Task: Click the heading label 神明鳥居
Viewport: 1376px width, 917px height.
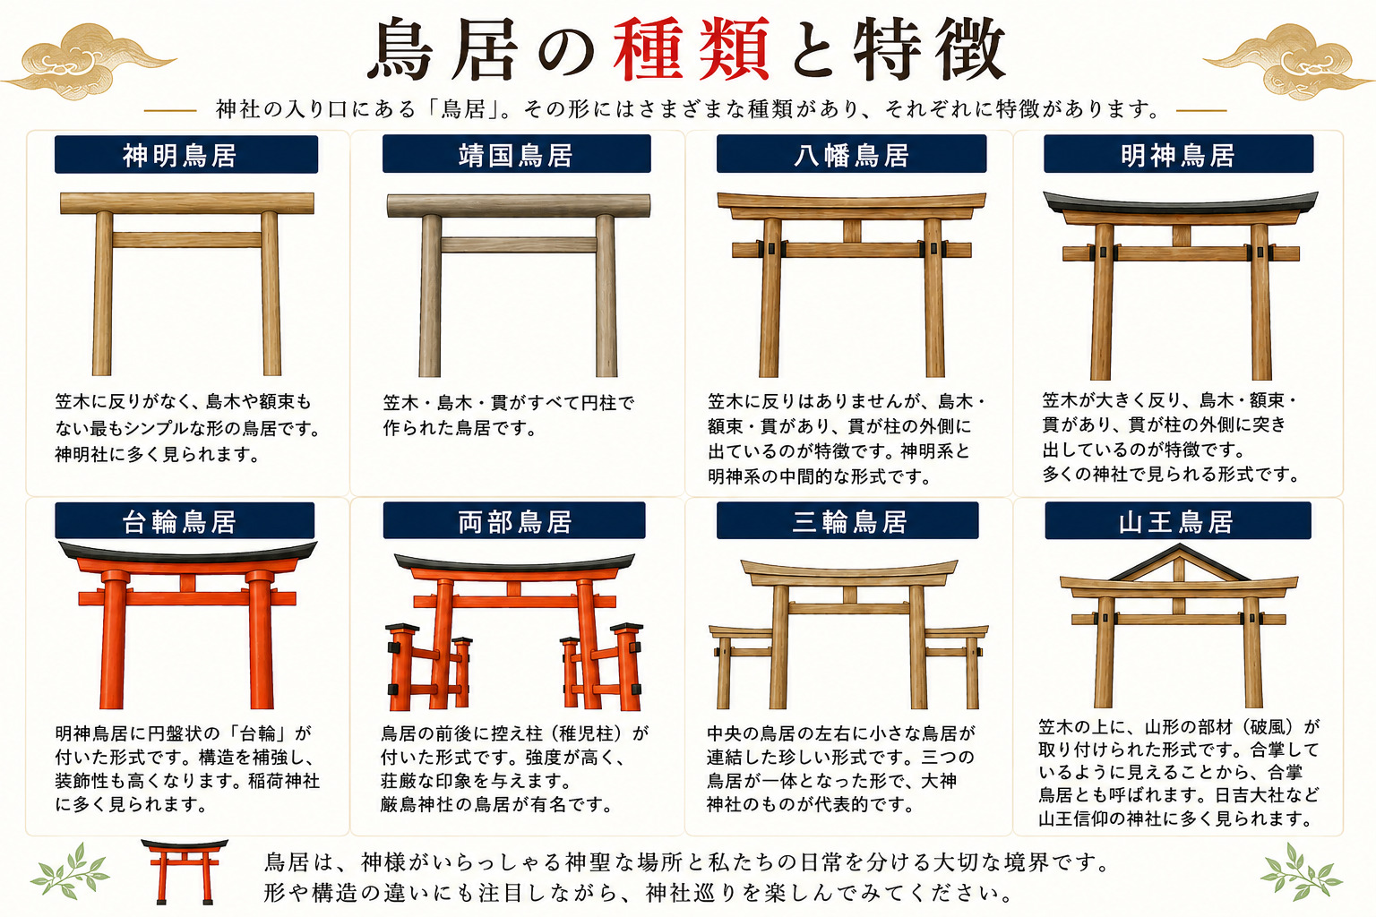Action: point(186,155)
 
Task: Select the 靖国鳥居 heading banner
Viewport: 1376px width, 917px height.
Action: point(516,154)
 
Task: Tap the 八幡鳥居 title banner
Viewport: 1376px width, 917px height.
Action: point(851,154)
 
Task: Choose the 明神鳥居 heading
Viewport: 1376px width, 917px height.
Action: point(1178,154)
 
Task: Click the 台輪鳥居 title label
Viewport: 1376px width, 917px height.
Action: point(185,521)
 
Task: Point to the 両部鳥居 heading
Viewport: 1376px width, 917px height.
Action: point(514,521)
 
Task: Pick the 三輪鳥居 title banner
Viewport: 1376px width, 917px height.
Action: point(847,521)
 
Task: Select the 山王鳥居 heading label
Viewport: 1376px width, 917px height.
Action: point(1178,521)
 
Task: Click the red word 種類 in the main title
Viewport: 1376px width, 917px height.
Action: point(692,49)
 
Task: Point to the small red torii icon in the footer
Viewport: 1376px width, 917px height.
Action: point(185,872)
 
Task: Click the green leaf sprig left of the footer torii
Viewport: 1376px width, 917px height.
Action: point(69,871)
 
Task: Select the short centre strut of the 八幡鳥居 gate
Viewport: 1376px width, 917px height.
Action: point(852,231)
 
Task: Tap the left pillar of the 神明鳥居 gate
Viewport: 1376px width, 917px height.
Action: point(103,294)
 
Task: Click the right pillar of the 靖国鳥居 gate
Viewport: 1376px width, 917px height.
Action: point(606,296)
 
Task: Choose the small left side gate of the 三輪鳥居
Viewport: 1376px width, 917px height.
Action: point(742,666)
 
